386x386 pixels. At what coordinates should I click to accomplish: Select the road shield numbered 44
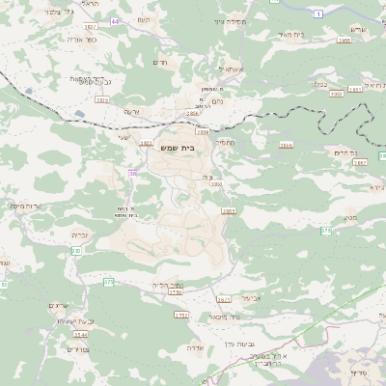click(116, 20)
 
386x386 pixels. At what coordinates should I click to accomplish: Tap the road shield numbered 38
click(132, 174)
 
